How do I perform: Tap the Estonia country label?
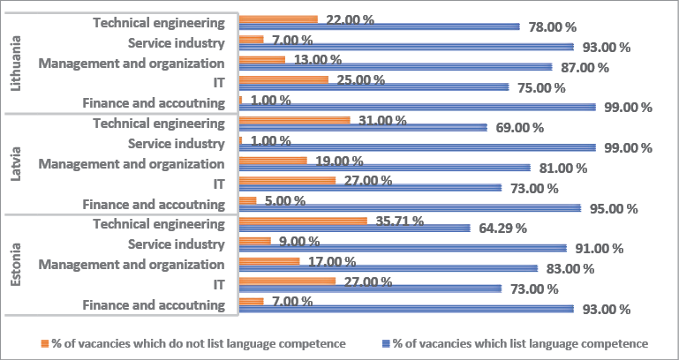point(15,262)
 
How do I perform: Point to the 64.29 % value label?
point(501,228)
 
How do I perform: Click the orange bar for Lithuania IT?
point(283,79)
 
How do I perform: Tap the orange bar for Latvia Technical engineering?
point(295,120)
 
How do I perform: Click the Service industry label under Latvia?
point(177,143)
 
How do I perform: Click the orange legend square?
point(45,343)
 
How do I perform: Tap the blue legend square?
point(386,343)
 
